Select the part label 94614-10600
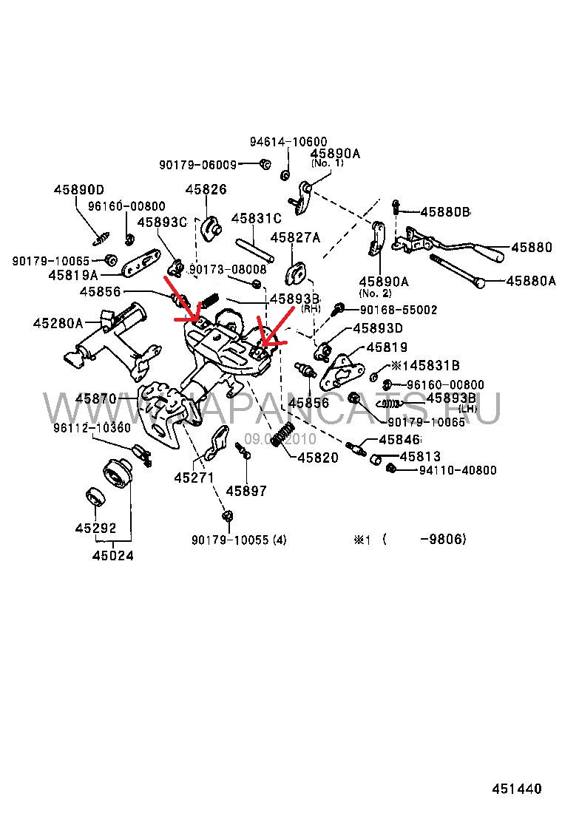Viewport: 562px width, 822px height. click(288, 142)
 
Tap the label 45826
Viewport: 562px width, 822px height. click(206, 190)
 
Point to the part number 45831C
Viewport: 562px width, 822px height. click(257, 219)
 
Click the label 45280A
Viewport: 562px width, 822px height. click(57, 322)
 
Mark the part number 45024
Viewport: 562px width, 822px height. click(113, 555)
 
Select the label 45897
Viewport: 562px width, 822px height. click(246, 491)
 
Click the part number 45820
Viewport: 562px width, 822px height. click(318, 458)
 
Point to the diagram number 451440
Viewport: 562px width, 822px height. click(517, 789)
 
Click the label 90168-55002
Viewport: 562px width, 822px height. click(399, 310)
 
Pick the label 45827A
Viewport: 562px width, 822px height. click(295, 237)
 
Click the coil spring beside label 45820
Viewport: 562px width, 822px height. click(282, 436)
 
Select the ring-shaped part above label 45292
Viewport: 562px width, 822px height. click(95, 497)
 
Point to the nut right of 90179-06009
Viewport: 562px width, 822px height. click(265, 164)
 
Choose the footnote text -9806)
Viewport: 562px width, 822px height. click(442, 540)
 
